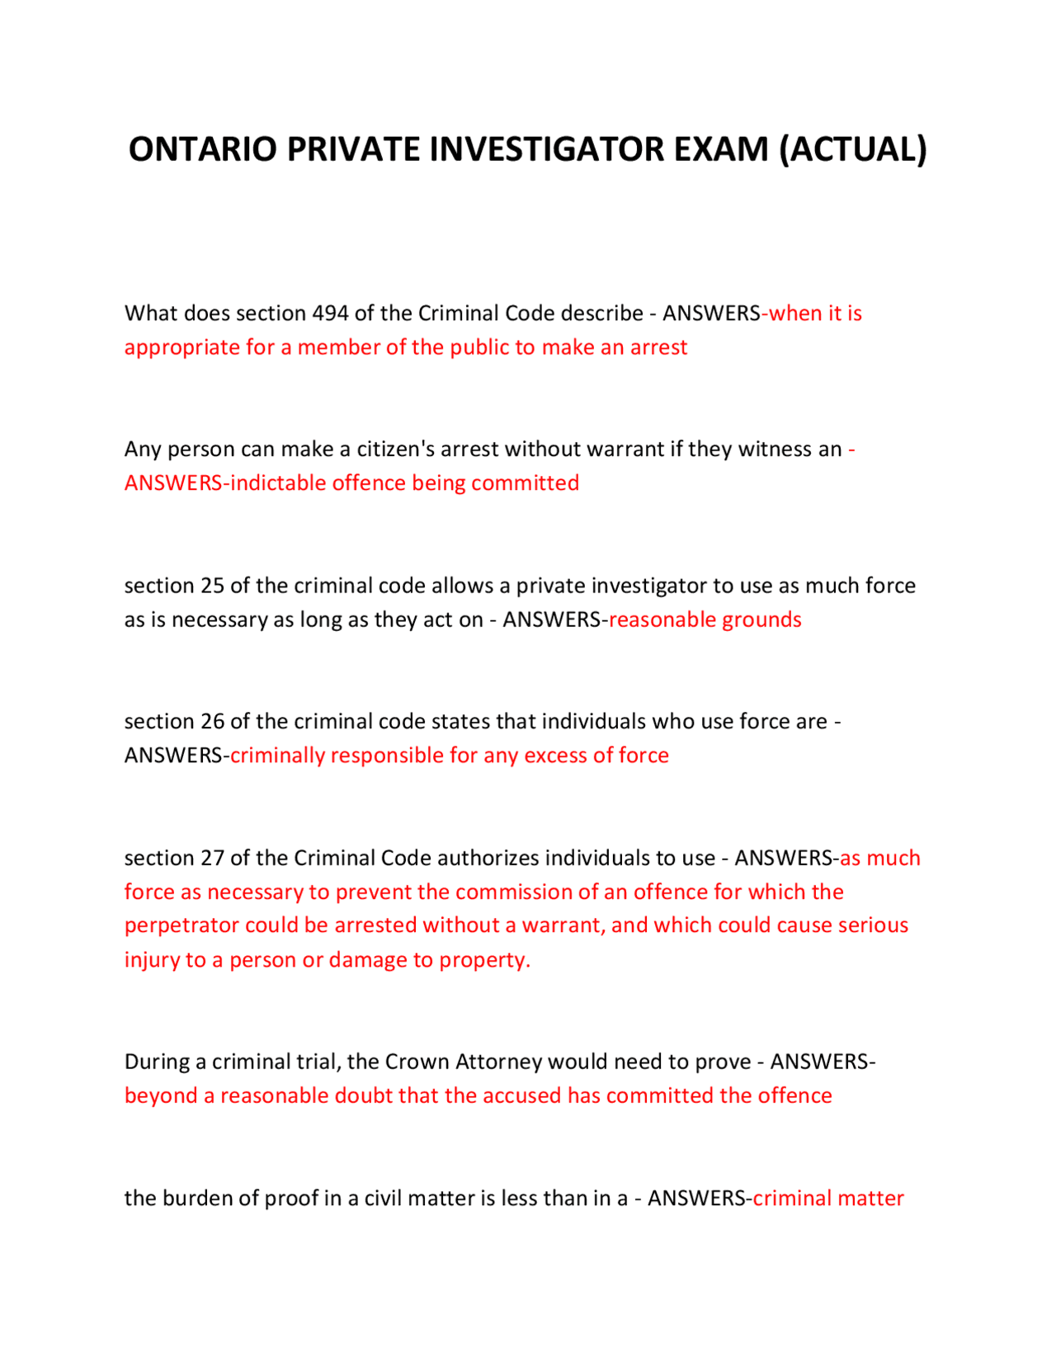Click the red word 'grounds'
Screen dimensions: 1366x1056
pos(762,619)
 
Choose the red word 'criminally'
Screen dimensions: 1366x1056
pos(277,756)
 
